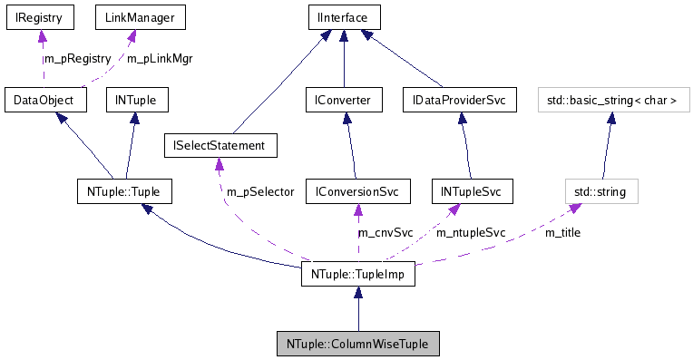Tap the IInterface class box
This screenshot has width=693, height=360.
click(x=342, y=16)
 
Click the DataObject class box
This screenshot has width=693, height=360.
click(x=44, y=100)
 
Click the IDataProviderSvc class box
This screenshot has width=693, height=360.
click(x=458, y=100)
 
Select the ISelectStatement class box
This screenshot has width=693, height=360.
click(x=220, y=145)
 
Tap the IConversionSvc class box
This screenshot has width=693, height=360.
click(x=357, y=191)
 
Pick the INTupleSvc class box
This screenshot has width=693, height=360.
click(x=471, y=191)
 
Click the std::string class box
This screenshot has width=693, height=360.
click(x=600, y=191)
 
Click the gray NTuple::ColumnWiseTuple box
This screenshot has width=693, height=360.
click(x=357, y=344)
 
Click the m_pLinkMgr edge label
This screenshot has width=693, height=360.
click(x=160, y=59)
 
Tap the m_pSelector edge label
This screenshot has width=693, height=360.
click(x=260, y=191)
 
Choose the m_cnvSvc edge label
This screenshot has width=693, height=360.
click(x=386, y=233)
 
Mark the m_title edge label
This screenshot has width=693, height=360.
click(x=561, y=233)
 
